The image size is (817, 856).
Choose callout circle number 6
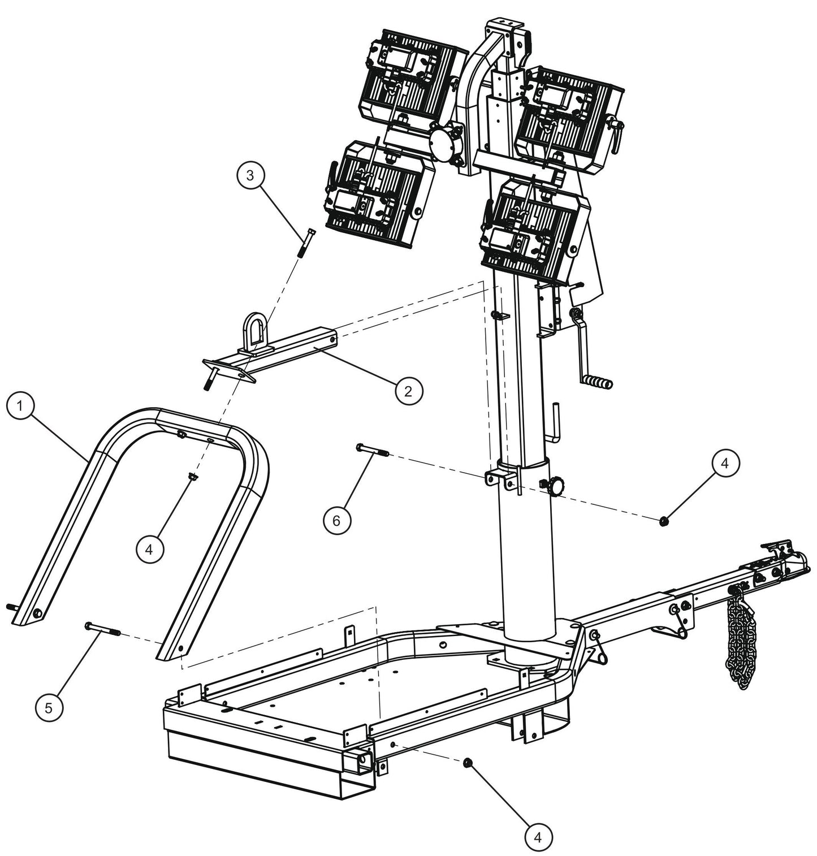coord(337,520)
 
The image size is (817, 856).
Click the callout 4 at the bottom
coord(538,837)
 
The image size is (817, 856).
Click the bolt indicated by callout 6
coord(371,450)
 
